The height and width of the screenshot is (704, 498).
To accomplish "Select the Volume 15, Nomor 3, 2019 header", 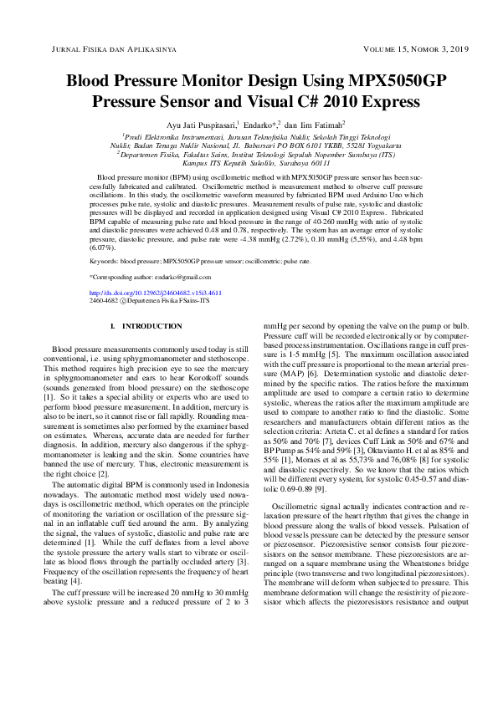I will tap(399, 50).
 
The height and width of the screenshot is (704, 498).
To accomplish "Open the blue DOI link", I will tap(155, 293).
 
